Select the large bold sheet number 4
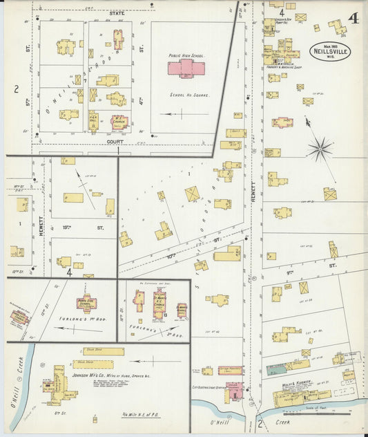pyautogui.click(x=354, y=18)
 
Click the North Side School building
pyautogui.click(x=86, y=304)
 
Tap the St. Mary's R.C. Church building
pyautogui.click(x=159, y=302)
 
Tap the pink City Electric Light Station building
pyautogui.click(x=233, y=391)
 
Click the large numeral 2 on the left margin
pyautogui.click(x=14, y=89)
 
